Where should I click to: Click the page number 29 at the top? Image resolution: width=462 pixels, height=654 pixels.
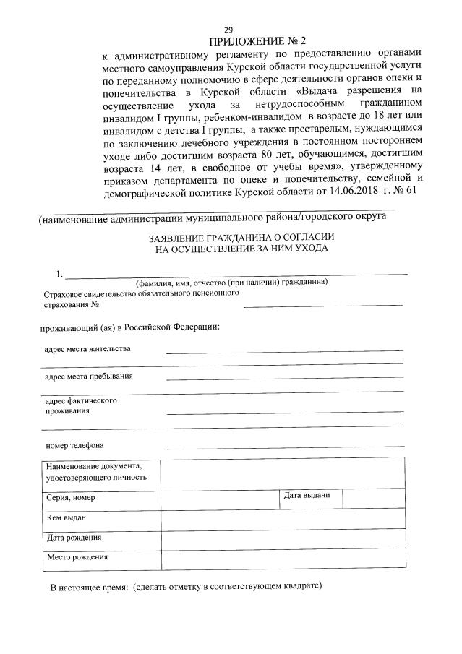(228, 29)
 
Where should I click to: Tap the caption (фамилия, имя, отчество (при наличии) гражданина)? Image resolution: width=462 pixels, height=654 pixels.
(231, 282)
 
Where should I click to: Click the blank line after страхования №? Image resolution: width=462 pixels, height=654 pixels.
(322, 304)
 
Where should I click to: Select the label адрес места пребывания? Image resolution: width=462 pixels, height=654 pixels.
(89, 377)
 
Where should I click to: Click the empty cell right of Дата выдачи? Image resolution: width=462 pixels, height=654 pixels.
(373, 498)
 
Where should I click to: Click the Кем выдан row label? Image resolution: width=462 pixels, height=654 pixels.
(67, 518)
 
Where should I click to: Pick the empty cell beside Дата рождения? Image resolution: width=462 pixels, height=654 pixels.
(282, 539)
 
